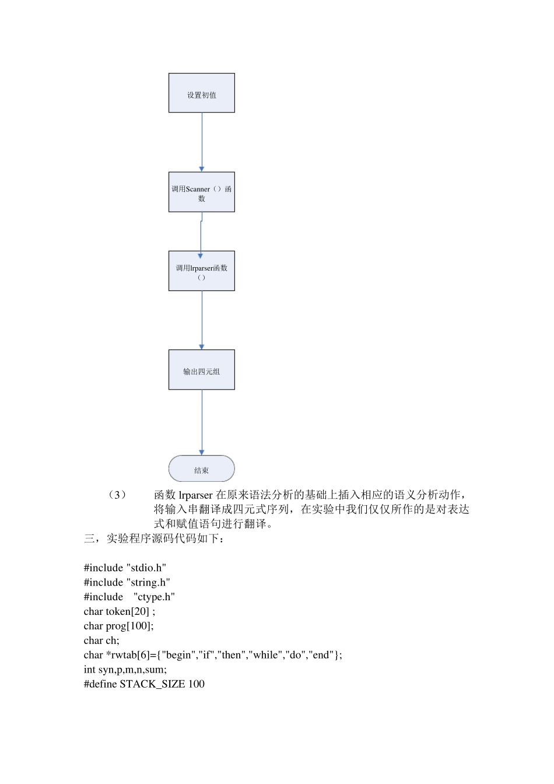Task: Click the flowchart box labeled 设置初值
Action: click(x=201, y=93)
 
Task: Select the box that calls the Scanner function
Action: click(x=201, y=192)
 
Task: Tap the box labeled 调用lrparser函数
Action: click(x=201, y=271)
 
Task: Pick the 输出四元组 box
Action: click(x=201, y=370)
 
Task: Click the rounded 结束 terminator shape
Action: click(x=201, y=469)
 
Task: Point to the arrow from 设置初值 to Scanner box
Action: click(x=202, y=142)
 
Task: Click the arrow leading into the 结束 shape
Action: click(x=202, y=422)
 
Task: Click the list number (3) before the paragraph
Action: click(x=117, y=495)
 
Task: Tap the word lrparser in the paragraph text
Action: click(x=196, y=495)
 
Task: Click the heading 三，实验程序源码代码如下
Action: click(x=154, y=538)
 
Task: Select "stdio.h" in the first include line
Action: click(x=146, y=568)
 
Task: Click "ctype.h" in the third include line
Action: click(x=154, y=597)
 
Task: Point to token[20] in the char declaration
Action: click(x=128, y=611)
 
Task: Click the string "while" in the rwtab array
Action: click(x=265, y=655)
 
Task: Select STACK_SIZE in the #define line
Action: click(x=152, y=684)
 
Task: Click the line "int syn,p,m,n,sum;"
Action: click(x=125, y=670)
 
